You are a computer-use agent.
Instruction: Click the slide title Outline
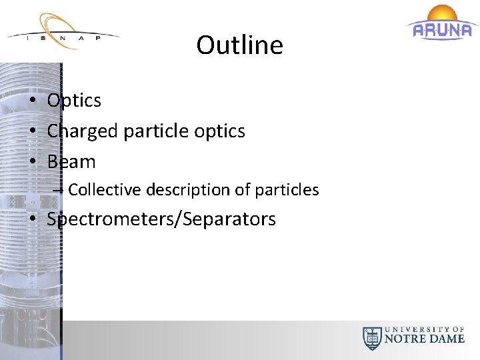(239, 45)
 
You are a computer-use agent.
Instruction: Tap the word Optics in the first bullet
(74, 101)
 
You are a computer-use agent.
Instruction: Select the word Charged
(83, 131)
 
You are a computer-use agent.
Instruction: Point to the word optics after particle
(219, 131)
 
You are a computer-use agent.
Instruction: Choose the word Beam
(71, 161)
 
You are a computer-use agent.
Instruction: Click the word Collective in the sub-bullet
(105, 190)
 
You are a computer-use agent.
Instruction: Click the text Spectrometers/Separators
(161, 219)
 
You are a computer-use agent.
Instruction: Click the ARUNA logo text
(443, 30)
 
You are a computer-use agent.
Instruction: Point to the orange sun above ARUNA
(442, 13)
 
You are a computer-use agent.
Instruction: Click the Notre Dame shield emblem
(371, 338)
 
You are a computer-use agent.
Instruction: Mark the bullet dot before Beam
(32, 162)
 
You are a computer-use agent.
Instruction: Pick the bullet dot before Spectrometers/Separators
(32, 220)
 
